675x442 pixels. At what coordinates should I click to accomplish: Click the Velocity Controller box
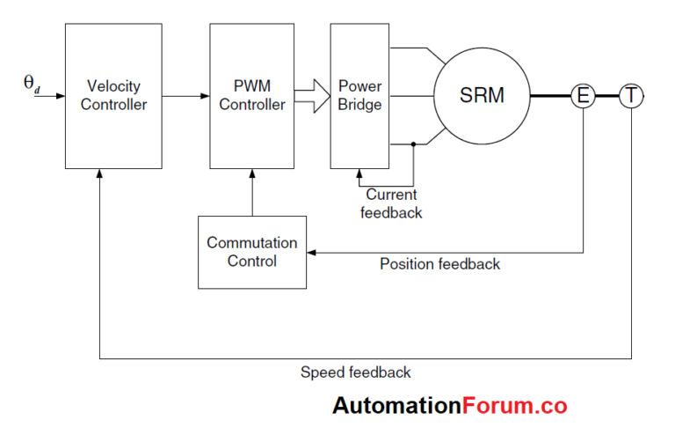[113, 96]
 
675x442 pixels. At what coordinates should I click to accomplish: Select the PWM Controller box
[251, 96]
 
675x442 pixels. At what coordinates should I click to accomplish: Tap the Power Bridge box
[359, 96]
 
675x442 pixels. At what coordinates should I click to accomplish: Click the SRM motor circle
[482, 95]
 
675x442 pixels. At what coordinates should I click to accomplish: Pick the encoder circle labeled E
[583, 95]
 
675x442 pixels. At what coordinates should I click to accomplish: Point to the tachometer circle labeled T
[631, 95]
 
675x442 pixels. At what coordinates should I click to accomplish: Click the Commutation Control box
[251, 252]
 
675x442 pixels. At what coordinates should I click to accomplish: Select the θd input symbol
[31, 85]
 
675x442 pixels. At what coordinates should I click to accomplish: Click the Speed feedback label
[355, 372]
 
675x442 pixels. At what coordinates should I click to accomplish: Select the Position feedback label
[439, 264]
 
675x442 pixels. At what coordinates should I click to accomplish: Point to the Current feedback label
[393, 203]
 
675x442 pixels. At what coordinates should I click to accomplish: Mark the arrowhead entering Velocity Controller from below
[101, 174]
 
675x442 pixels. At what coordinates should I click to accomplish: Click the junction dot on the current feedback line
[414, 142]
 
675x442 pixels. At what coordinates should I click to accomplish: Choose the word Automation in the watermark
[396, 406]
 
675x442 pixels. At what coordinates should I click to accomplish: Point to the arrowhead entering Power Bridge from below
[359, 173]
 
